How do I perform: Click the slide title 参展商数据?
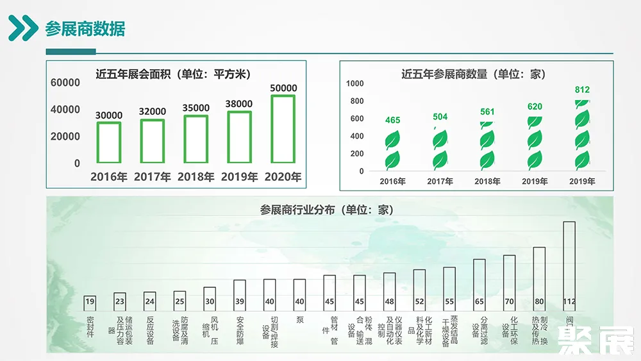click(x=85, y=29)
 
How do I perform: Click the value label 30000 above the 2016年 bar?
click(x=109, y=115)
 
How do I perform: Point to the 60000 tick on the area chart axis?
click(x=65, y=83)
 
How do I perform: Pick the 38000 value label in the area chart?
click(x=239, y=104)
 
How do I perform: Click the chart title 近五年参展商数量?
click(x=473, y=74)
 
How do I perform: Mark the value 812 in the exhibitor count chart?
click(x=582, y=90)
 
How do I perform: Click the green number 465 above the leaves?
click(x=392, y=121)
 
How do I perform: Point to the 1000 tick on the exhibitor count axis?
click(x=355, y=83)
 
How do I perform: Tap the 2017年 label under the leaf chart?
click(x=440, y=181)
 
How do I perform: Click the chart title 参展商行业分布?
click(x=326, y=210)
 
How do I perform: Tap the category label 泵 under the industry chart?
click(x=299, y=319)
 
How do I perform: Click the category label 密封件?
click(x=90, y=326)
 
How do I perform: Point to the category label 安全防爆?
click(x=240, y=330)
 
